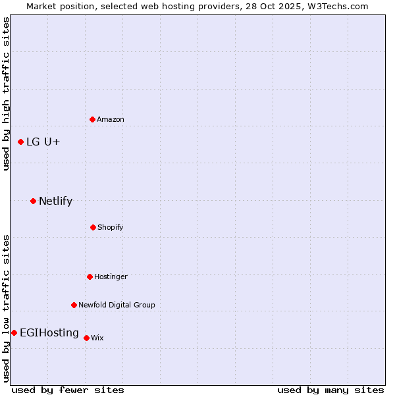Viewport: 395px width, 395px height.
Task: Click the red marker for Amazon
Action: pos(92,119)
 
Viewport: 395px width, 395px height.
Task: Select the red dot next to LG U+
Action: pos(20,142)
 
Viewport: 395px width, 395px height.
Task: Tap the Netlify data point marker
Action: pos(33,201)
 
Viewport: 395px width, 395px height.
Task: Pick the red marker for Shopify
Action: pos(93,227)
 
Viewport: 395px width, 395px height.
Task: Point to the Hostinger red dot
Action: pos(90,276)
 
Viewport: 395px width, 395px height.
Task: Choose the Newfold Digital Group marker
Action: pos(74,305)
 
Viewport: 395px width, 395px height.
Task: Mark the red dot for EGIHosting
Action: pos(14,332)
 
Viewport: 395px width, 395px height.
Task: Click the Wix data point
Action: pos(86,338)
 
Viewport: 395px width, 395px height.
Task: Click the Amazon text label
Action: pos(111,119)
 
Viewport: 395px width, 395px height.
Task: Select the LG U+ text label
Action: pos(43,142)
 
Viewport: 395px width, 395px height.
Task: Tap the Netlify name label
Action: pos(55,201)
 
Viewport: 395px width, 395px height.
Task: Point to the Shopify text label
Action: pos(111,227)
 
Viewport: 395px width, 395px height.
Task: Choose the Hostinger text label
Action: pos(111,276)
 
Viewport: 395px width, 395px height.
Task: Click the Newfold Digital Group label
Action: pos(117,305)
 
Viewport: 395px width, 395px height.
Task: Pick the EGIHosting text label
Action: pos(49,332)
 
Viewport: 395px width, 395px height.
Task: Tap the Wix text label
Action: pos(97,338)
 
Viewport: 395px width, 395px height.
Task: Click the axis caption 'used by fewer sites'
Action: pos(68,390)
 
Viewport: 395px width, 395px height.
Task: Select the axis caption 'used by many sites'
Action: pos(330,390)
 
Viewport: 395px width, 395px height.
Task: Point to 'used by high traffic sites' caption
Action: pos(7,93)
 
